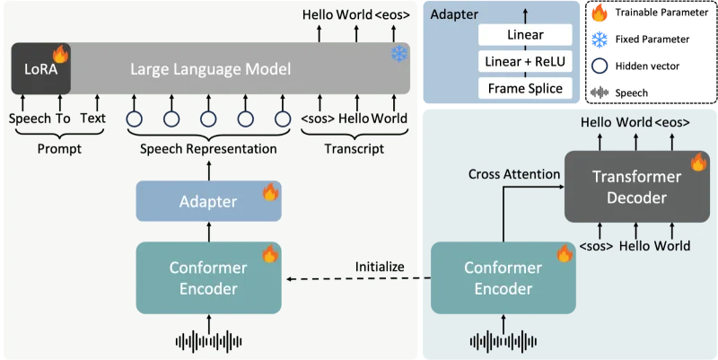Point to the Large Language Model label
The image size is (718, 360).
[211, 68]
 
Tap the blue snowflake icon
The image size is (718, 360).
[398, 55]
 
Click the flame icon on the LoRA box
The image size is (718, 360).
[60, 54]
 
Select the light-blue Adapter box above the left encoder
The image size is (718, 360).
[208, 201]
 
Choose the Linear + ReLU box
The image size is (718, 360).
[525, 62]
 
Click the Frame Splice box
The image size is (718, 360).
[525, 88]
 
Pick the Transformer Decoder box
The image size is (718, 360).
[636, 187]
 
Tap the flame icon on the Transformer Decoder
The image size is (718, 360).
[698, 162]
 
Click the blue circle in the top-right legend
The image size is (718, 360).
[600, 40]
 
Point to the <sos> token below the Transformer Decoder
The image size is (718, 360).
[596, 245]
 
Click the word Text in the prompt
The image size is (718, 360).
[92, 118]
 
